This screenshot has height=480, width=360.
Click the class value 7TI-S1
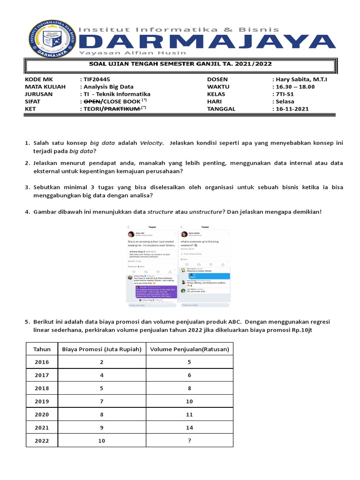tap(286, 94)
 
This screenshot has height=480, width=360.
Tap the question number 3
tap(27, 187)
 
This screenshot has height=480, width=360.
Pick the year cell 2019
tap(42, 401)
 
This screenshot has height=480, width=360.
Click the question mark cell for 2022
tap(189, 441)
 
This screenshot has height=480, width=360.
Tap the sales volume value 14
tap(189, 427)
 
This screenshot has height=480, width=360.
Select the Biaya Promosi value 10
tap(102, 441)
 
